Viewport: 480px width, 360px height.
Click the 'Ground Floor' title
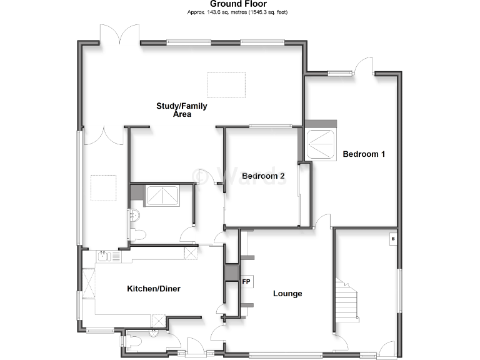click(238, 4)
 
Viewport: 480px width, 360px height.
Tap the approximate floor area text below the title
click(238, 12)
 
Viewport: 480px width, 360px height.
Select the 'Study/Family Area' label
click(181, 110)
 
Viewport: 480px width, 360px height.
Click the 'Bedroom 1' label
click(364, 154)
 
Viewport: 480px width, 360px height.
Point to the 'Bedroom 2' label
click(263, 176)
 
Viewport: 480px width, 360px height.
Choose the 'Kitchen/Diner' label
click(154, 288)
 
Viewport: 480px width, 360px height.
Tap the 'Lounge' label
click(287, 293)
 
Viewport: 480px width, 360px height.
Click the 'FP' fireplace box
click(246, 282)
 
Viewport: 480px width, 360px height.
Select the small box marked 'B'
click(392, 239)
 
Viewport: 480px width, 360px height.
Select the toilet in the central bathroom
click(138, 234)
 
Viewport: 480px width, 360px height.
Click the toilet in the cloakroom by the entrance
click(134, 342)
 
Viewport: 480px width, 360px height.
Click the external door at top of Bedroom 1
click(364, 66)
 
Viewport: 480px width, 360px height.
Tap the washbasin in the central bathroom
click(134, 216)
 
